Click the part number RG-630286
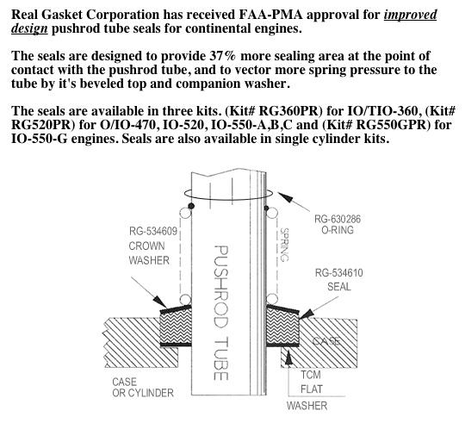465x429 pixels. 338,220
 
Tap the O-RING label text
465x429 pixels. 338,230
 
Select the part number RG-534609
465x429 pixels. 153,231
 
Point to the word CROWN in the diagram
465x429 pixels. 146,246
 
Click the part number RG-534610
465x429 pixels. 338,273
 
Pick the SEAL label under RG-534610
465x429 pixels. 339,287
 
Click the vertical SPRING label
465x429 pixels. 285,245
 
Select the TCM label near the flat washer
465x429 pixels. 311,375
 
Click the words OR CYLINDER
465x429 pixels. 143,393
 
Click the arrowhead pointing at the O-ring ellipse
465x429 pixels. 284,196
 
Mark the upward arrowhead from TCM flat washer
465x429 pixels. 288,357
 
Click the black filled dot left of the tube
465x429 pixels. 191,206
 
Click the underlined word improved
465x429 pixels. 411,15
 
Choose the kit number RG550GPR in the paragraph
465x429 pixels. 391,125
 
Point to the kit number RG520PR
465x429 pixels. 42,125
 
